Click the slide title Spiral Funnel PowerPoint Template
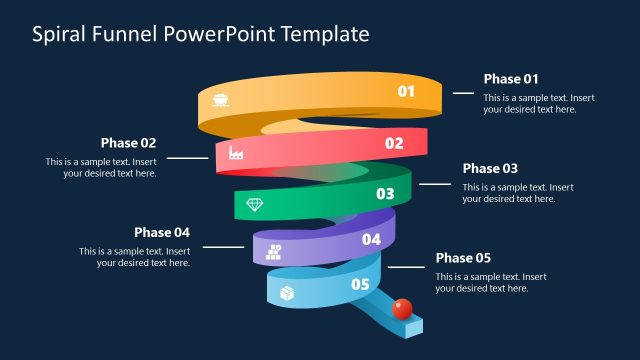coord(201,34)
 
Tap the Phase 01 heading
coord(511,79)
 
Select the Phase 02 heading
coord(128,143)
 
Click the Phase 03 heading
coord(490,168)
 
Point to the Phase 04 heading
coord(162,232)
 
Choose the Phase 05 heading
coord(463,257)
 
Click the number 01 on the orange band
coord(406,92)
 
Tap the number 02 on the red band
coord(394,143)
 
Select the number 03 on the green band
coord(384,194)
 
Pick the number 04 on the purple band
coord(371,239)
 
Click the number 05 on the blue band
coord(360,285)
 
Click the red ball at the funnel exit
coord(402,307)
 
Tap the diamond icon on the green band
coord(256,204)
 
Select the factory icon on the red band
coord(237,153)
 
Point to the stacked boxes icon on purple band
coord(274,251)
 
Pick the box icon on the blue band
coord(287,293)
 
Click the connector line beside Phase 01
coord(463,92)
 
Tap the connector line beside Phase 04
coord(224,246)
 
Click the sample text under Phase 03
coord(517,193)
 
